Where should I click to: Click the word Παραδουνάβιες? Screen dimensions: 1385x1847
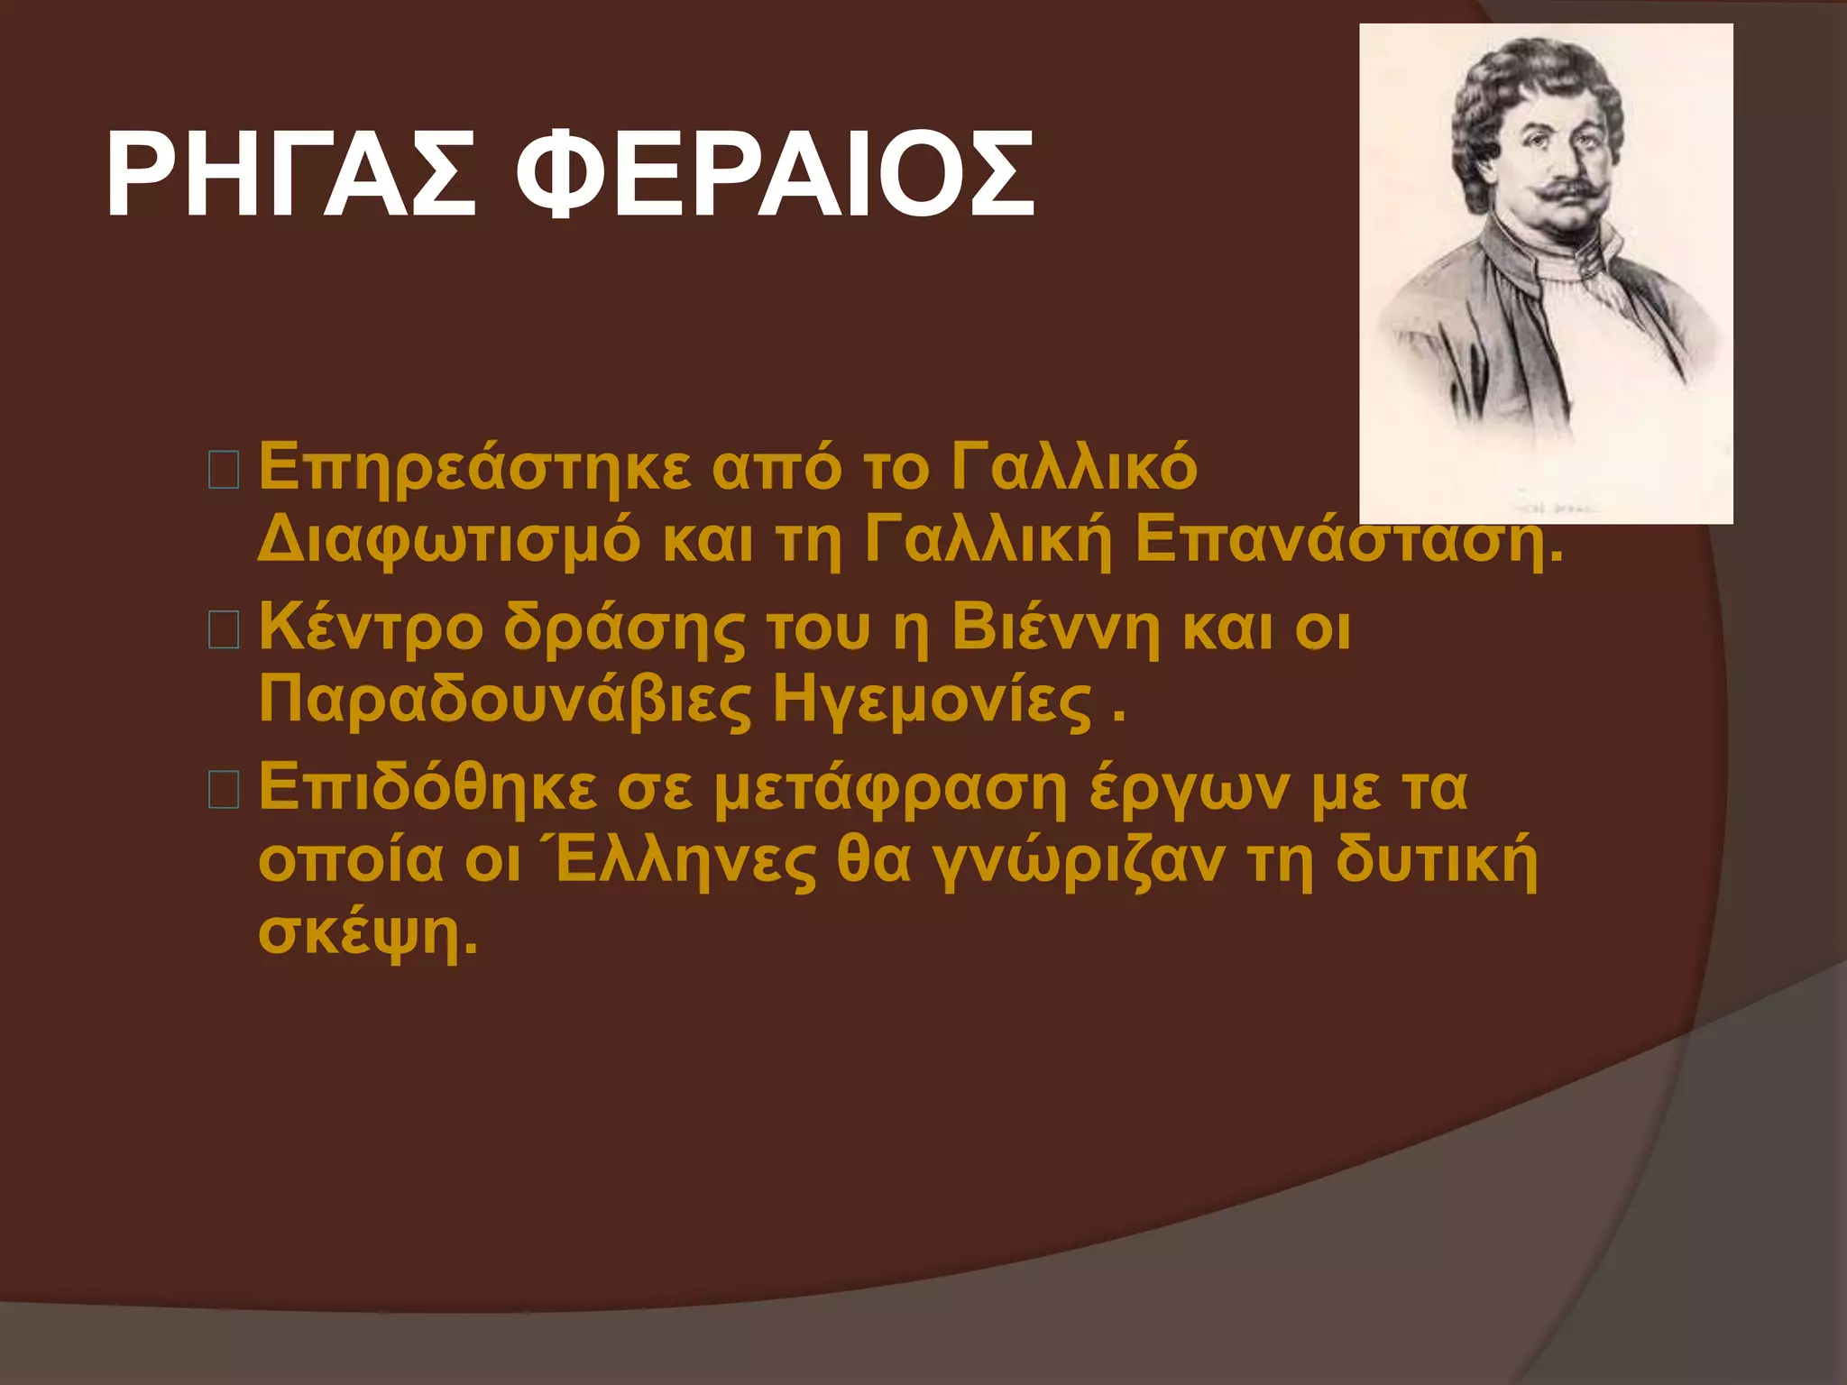[x=505, y=701]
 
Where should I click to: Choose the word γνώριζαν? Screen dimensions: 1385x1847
[x=1078, y=861]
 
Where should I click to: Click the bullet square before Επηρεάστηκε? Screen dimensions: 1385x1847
[x=224, y=471]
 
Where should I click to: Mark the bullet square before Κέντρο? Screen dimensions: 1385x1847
[x=224, y=629]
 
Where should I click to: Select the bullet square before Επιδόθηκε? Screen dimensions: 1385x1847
[x=224, y=789]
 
